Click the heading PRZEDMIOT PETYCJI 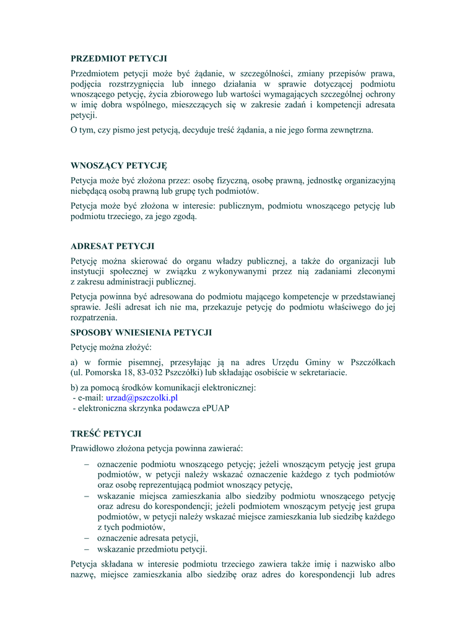[119, 59]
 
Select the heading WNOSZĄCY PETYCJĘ [119, 166]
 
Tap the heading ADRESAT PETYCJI [112, 246]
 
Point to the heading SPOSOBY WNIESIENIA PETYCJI [141, 332]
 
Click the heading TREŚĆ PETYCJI [106, 433]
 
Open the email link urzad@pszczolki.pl [142, 398]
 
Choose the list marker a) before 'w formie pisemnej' [74, 362]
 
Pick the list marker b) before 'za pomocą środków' [74, 388]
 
